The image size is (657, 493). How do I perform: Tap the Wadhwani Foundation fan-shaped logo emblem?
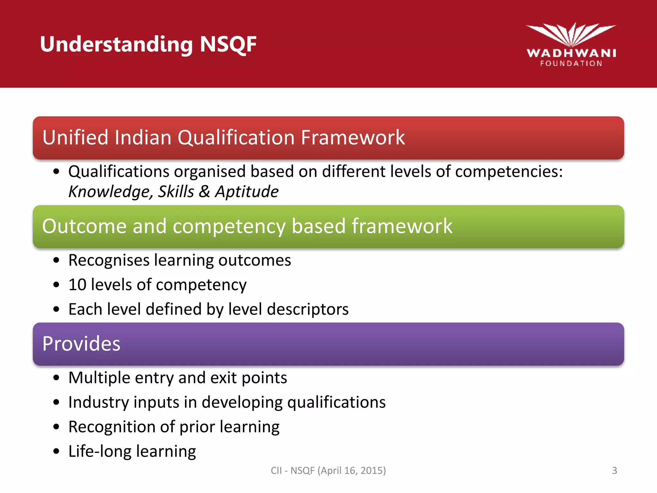pyautogui.click(x=571, y=35)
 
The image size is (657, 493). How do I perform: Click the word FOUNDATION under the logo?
pyautogui.click(x=571, y=64)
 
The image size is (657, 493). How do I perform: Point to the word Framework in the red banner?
pyautogui.click(x=353, y=137)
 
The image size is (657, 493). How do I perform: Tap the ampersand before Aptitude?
pyautogui.click(x=204, y=192)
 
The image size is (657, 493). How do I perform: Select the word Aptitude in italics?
pyautogui.click(x=246, y=192)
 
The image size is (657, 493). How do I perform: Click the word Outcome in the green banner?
pyautogui.click(x=84, y=226)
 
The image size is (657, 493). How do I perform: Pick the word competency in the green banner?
pyautogui.click(x=229, y=227)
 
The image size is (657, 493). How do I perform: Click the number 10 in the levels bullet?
pyautogui.click(x=77, y=285)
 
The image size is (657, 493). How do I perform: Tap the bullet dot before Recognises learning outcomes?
pyautogui.click(x=56, y=260)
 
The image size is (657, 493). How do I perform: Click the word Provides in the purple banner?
pyautogui.click(x=81, y=344)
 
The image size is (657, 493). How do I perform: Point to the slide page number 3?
pyautogui.click(x=614, y=471)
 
